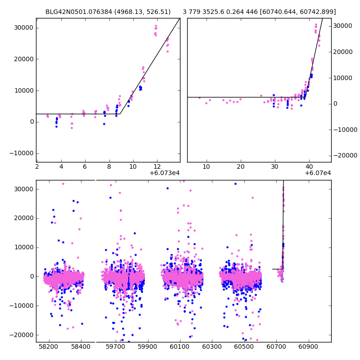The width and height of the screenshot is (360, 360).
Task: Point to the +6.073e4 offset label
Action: [x=165, y=173]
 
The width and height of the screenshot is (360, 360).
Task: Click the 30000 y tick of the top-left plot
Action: [x=23, y=27]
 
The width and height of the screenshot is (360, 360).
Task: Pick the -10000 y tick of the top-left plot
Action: [x=21, y=153]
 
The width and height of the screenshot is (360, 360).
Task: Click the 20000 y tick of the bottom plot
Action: [x=23, y=218]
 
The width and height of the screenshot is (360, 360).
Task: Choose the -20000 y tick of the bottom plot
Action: [x=21, y=335]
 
